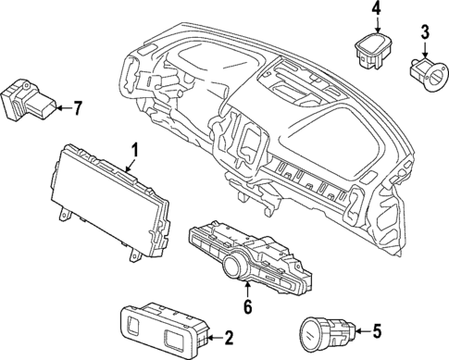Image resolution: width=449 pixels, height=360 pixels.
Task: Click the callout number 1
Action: point(134,148)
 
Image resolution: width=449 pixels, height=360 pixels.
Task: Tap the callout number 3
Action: point(425,34)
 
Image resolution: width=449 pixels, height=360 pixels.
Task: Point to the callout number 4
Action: point(376,10)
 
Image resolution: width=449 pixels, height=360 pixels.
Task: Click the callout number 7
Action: point(77,107)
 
